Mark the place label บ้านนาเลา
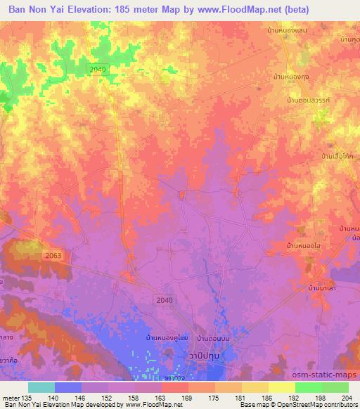click(x=323, y=288)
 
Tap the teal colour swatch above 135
click(x=41, y=387)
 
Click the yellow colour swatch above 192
click(x=282, y=387)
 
